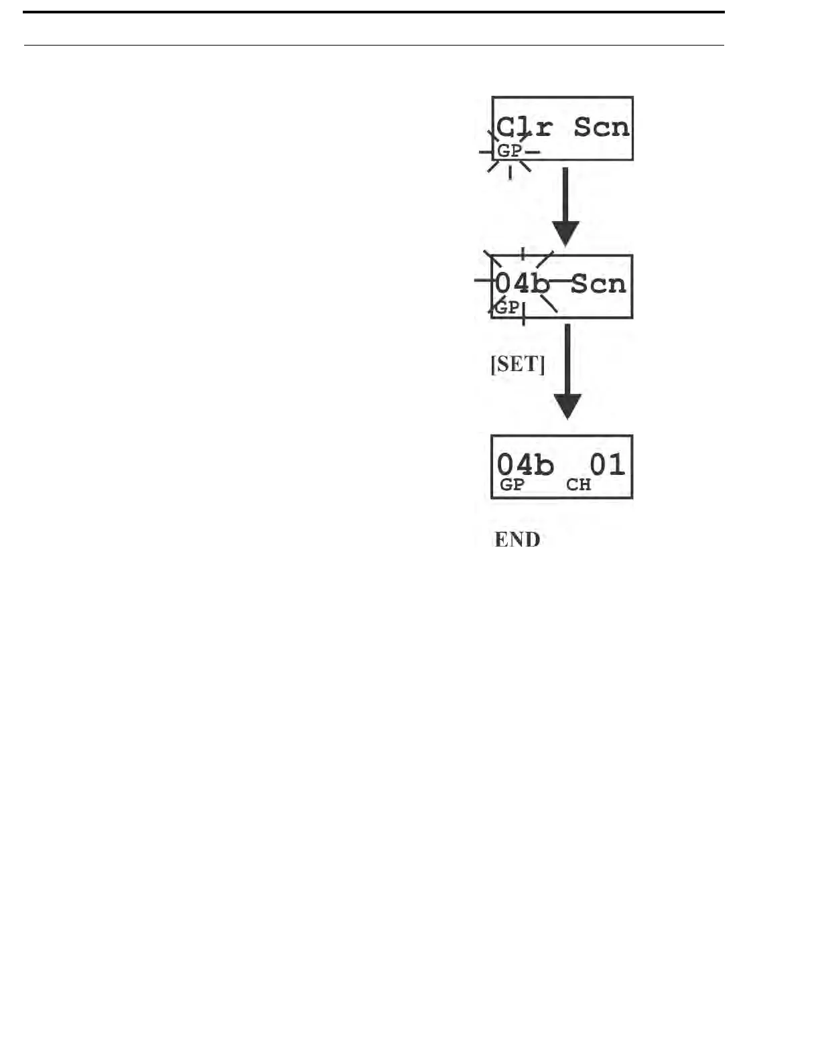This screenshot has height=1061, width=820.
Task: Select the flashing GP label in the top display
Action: [508, 151]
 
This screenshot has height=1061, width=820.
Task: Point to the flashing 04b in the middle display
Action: [523, 283]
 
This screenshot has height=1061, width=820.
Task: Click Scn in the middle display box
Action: [598, 283]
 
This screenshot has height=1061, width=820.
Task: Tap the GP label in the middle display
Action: [506, 307]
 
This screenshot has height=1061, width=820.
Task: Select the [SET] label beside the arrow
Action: [518, 364]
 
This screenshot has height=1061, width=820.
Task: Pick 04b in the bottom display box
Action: [525, 464]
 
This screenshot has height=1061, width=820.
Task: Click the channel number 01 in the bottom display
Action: [607, 464]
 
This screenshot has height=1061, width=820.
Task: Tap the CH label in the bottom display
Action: [578, 485]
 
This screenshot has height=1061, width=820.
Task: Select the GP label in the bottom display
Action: [512, 485]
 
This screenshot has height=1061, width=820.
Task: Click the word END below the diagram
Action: [517, 540]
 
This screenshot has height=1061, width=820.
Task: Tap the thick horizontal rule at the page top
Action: [374, 12]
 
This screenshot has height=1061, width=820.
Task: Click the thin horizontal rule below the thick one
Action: [374, 46]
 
